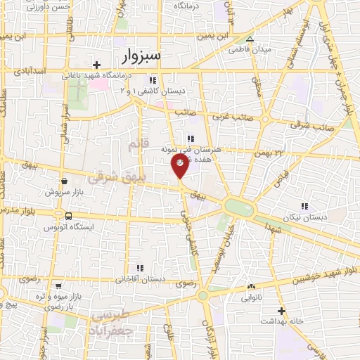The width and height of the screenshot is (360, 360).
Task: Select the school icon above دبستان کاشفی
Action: point(153,80)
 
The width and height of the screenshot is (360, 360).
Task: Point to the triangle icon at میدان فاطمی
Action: point(250,39)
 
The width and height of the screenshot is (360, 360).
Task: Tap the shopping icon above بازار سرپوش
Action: point(65,181)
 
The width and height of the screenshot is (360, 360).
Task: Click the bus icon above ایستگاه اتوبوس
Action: point(68,216)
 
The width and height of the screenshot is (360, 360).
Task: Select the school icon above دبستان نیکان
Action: point(304,206)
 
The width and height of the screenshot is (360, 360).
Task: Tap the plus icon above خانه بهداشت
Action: point(281,310)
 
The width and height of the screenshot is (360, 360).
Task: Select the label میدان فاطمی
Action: point(250,50)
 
